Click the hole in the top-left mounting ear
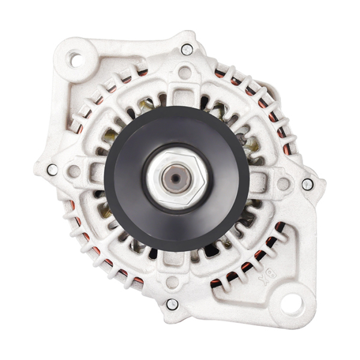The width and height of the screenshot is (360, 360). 75,59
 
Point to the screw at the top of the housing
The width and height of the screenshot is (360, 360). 187,49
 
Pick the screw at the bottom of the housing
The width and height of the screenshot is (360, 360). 172,304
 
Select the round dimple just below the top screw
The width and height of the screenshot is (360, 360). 185,73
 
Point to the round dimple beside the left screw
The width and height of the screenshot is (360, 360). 74,172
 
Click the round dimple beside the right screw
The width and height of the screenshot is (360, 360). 283,184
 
